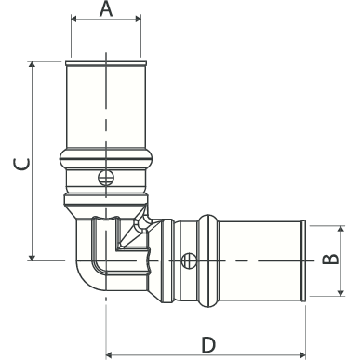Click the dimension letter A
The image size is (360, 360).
[106, 8]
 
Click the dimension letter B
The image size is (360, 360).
[330, 259]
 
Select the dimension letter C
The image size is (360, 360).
[21, 164]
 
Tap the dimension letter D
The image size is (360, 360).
[208, 345]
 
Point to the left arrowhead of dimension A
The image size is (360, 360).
[74, 20]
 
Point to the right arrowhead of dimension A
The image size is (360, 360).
[138, 20]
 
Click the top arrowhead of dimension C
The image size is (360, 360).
[32, 64]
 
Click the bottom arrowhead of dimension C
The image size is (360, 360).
[32, 258]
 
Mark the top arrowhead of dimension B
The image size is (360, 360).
[340, 229]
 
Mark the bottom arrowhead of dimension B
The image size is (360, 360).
[340, 292]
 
